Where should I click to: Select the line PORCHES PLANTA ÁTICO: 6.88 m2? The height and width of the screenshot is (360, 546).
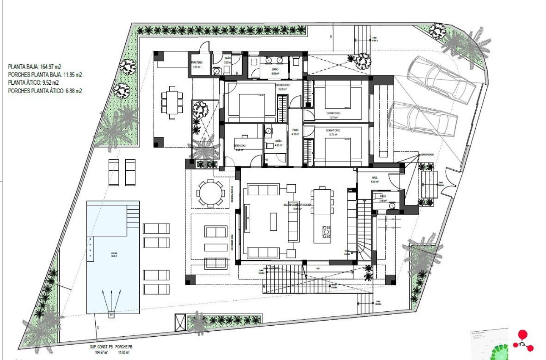point(45,91)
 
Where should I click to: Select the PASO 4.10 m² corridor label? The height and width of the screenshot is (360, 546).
point(295,132)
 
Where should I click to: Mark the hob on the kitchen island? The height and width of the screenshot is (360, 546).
point(326,232)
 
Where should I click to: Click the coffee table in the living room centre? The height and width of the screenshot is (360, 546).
point(273,222)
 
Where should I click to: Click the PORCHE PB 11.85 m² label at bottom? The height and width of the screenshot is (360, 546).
point(124,349)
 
